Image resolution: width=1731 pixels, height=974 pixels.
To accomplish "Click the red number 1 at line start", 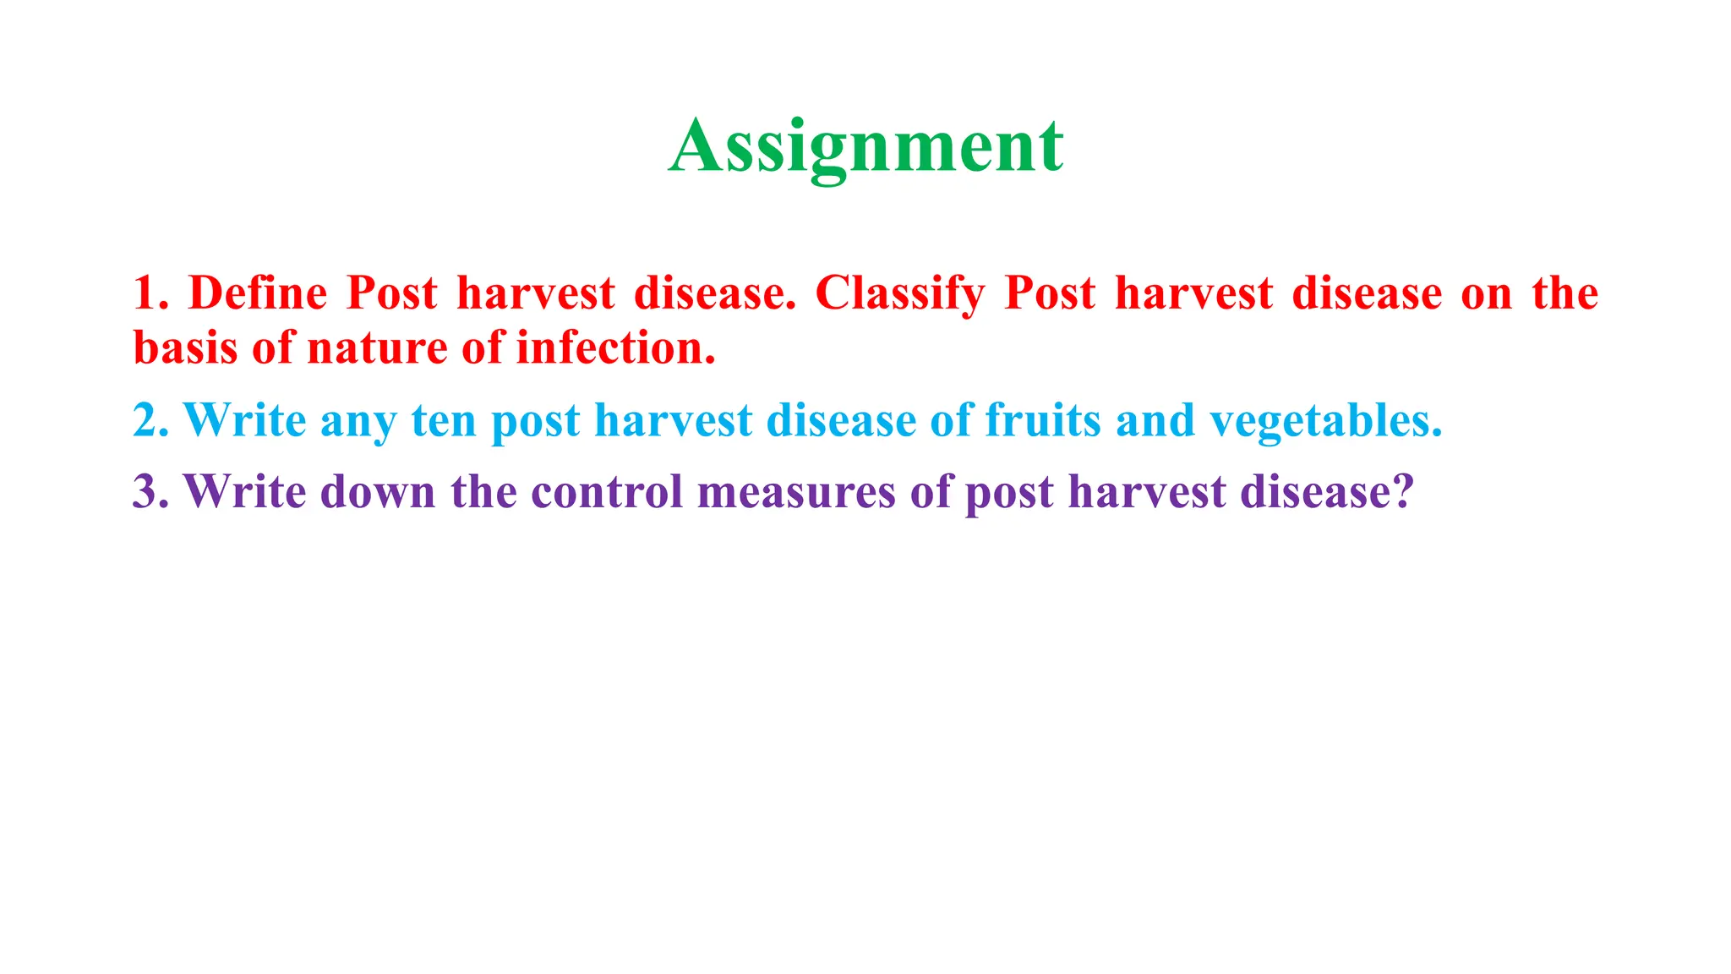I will click(x=145, y=293).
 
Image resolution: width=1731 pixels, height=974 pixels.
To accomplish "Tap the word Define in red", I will click(x=257, y=293).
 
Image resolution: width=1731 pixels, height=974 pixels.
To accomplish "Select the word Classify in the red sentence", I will click(x=900, y=293).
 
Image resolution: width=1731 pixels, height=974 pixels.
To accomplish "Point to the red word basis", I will click(x=185, y=348).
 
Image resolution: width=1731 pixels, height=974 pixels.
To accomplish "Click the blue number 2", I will click(x=145, y=420).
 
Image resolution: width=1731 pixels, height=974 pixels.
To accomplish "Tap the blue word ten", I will click(x=444, y=420).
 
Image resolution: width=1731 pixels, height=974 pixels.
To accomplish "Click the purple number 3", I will click(x=145, y=491).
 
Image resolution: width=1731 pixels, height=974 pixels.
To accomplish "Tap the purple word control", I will click(x=607, y=491).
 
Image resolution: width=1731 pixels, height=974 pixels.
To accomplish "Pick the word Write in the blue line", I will click(x=244, y=420).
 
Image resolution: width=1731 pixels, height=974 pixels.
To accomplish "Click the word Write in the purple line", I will click(x=244, y=491).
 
